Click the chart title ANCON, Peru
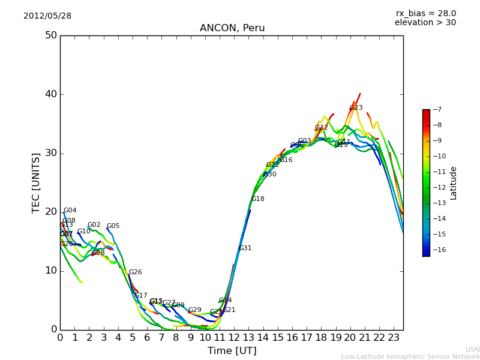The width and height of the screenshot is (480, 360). tap(232, 28)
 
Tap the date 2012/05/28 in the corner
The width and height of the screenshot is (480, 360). tap(47, 16)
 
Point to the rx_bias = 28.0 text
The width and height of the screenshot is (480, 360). tap(425, 13)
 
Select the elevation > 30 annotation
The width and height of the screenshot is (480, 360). tap(425, 22)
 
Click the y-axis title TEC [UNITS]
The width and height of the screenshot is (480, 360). tap(36, 182)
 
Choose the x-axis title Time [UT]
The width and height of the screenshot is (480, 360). tap(232, 350)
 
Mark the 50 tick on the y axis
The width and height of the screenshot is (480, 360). tap(50, 35)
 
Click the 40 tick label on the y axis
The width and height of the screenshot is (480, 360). tap(50, 94)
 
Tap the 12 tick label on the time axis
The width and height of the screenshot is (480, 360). tap(235, 338)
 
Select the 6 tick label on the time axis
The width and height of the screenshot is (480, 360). tap(147, 338)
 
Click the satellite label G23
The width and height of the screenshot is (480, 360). tap(356, 108)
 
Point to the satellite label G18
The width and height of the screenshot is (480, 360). tap(257, 199)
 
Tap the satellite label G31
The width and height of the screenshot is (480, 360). tap(245, 248)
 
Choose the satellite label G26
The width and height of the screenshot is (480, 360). tap(135, 272)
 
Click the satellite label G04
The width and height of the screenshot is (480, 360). tap(70, 211)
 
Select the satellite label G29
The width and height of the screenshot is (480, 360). tap(194, 310)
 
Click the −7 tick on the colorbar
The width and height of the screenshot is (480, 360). tap(436, 109)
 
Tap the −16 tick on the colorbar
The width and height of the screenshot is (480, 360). tap(438, 250)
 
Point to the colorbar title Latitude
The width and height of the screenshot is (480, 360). tap(454, 182)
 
